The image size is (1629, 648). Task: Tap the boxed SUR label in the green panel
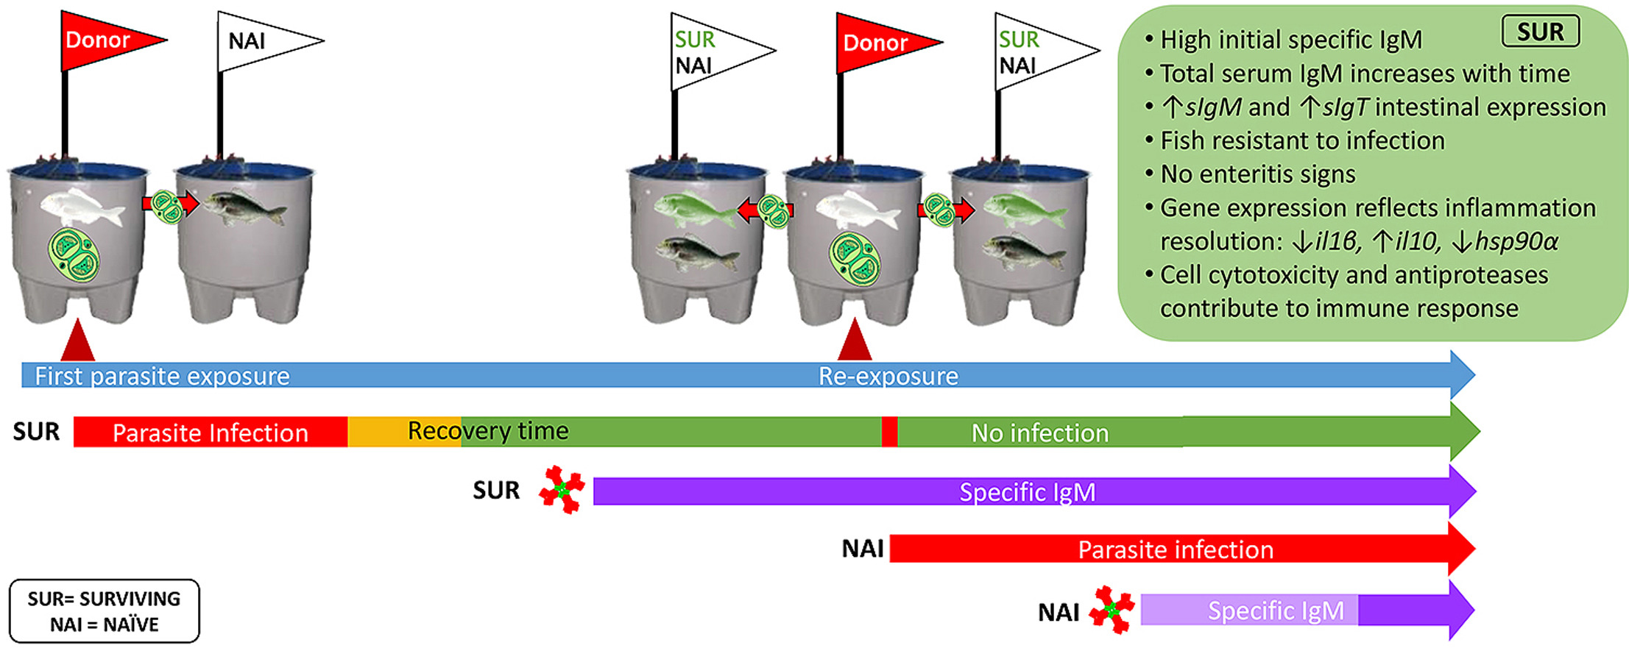tap(1540, 32)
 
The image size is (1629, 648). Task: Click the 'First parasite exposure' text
tap(162, 376)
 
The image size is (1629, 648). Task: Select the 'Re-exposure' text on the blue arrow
tap(888, 376)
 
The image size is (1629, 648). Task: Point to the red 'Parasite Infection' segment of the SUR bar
tap(210, 432)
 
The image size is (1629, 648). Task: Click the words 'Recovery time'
tap(488, 431)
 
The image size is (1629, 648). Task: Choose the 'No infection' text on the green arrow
tap(1039, 432)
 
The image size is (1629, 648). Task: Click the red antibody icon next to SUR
tap(562, 489)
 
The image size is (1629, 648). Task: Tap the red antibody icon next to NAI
tap(1112, 610)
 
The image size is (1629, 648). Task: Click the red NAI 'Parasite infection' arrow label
tap(1176, 549)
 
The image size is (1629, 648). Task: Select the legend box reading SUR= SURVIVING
tap(104, 611)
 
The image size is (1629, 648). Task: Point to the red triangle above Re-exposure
tap(855, 341)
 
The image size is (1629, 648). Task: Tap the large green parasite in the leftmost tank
tap(74, 255)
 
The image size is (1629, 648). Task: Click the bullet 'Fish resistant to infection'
tap(1301, 140)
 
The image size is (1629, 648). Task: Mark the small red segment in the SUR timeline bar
tap(889, 432)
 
